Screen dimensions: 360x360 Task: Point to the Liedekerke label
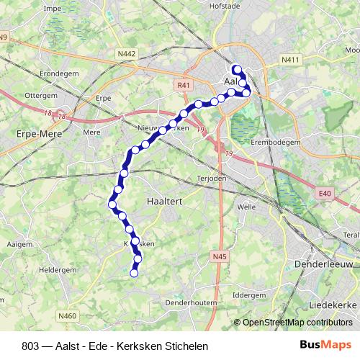[x=333, y=305]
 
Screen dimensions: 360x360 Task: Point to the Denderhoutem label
[x=191, y=303]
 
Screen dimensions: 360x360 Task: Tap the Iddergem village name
[x=249, y=295]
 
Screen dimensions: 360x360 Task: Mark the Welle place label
[x=246, y=206]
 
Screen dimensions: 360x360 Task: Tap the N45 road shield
[x=220, y=256]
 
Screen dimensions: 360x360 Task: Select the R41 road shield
[x=184, y=85]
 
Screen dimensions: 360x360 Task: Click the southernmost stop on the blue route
[x=133, y=273]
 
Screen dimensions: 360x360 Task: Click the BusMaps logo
[x=325, y=344]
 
